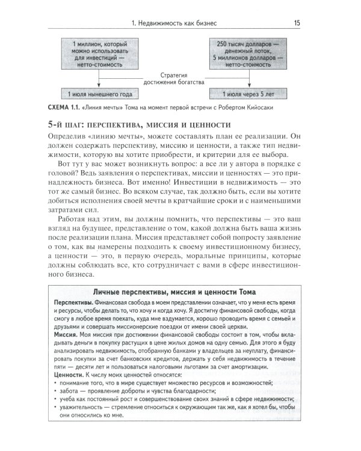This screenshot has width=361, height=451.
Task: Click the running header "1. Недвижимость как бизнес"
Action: (x=173, y=23)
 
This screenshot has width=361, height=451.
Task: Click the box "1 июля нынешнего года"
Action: (x=97, y=94)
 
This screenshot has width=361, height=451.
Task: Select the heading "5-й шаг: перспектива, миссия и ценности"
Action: (x=134, y=125)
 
